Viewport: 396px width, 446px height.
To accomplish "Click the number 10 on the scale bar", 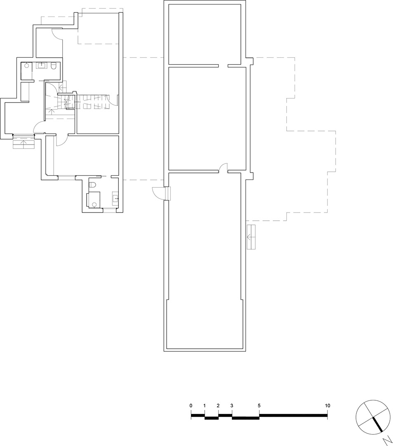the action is [328, 406].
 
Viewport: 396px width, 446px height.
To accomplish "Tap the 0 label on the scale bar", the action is [191, 406].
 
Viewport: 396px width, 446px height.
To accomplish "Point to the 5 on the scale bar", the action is [259, 406].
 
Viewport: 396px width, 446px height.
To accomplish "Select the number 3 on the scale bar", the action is [231, 406].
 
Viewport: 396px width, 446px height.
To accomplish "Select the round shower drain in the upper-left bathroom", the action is [26, 65].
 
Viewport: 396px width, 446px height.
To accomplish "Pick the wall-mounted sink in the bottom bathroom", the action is [115, 197].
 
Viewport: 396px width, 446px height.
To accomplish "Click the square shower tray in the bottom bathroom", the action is [94, 200].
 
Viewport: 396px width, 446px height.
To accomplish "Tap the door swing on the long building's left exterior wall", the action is [158, 194].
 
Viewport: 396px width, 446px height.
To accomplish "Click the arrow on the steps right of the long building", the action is [251, 237].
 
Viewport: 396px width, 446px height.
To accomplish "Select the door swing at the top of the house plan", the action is [57, 34].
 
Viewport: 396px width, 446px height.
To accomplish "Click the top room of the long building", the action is [205, 35].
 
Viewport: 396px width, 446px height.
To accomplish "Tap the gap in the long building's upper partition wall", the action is [223, 66].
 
